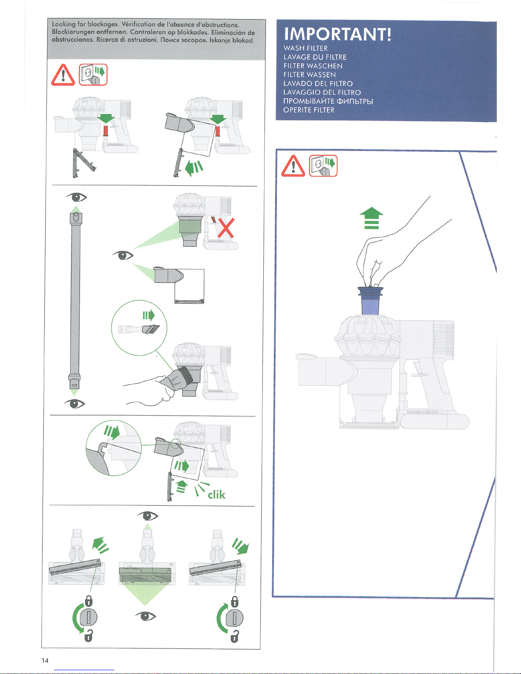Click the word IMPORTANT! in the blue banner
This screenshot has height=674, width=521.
[x=337, y=34]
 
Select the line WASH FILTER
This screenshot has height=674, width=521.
[x=305, y=48]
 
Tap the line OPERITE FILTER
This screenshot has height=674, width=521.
[x=309, y=110]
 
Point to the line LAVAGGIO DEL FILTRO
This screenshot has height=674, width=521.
[x=322, y=92]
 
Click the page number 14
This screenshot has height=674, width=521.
[x=45, y=660]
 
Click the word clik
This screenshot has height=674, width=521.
[x=216, y=494]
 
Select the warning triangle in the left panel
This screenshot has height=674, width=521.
[x=63, y=75]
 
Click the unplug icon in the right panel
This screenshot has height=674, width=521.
[x=323, y=165]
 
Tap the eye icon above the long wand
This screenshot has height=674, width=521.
[x=77, y=197]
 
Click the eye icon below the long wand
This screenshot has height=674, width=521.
[x=74, y=404]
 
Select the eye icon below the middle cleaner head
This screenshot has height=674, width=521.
[x=145, y=616]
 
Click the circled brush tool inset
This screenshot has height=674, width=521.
[x=139, y=328]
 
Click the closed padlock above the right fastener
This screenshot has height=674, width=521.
[x=234, y=602]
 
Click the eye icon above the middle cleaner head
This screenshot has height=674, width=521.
[x=148, y=516]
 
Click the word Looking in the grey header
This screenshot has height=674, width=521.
[x=63, y=24]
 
